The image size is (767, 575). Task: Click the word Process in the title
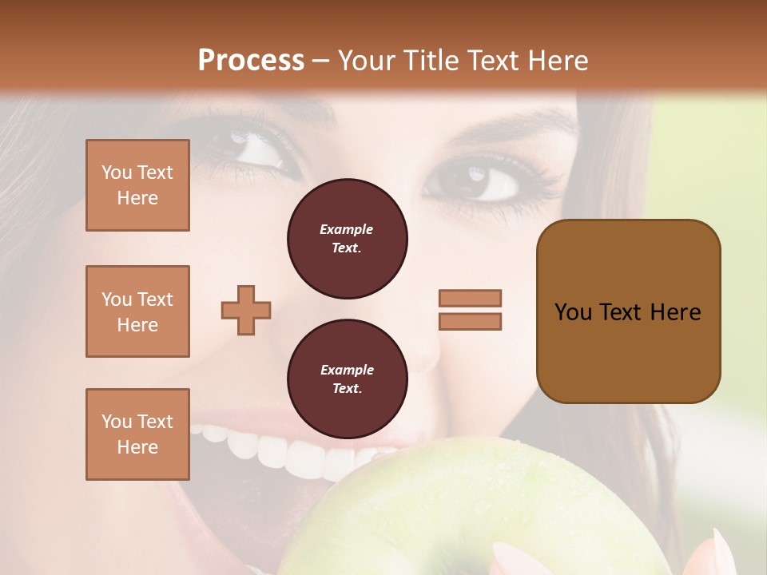[x=251, y=61]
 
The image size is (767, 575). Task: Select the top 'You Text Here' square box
[x=137, y=185]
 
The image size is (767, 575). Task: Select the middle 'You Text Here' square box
[x=137, y=311]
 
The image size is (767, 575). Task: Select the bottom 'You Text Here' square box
[x=137, y=434]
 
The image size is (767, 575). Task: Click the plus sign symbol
[x=246, y=310]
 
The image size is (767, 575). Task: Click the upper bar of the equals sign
[x=470, y=298]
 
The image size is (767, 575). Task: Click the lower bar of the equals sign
[x=470, y=321]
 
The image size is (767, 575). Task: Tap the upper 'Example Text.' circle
[x=347, y=239]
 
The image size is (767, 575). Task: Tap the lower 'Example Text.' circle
[x=347, y=379]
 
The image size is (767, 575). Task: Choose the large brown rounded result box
[x=628, y=311]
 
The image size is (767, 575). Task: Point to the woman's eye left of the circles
[x=254, y=150]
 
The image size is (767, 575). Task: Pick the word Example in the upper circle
[x=347, y=229]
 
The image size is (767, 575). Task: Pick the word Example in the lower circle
[x=347, y=370]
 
